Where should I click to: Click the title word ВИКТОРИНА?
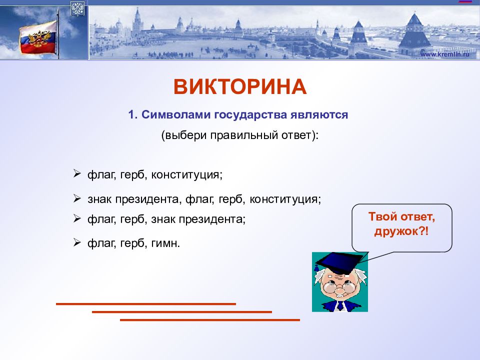pos(240,86)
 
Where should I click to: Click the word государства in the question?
pos(250,115)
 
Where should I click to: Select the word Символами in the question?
pos(176,115)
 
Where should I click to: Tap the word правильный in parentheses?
pos(244,135)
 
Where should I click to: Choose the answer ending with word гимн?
pos(134,243)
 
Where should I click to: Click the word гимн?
pos(164,243)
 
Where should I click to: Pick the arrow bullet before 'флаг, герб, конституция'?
pos(77,174)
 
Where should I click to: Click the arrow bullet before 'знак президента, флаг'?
pos(77,198)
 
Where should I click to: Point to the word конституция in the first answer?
pos(186,175)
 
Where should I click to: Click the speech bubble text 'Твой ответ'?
pos(401,216)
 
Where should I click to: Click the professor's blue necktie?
pos(340,306)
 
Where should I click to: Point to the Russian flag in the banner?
pos(38,38)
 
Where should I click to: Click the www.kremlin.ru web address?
pos(444,54)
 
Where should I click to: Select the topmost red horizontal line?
pos(145,304)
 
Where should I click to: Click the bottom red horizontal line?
pos(209,320)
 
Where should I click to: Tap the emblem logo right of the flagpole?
pos(77,8)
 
